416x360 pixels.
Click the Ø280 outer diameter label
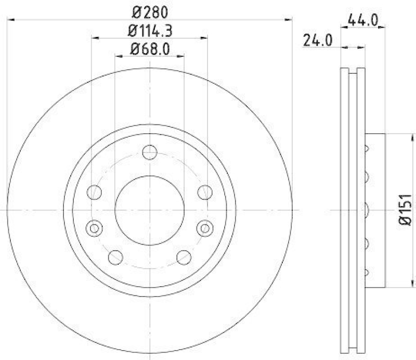click(149, 11)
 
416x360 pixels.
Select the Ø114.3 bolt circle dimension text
click(150, 31)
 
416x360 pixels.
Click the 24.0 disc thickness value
click(318, 41)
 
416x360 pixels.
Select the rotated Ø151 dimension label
click(406, 209)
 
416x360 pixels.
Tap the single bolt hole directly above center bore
click(150, 153)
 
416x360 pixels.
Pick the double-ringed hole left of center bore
click(94, 227)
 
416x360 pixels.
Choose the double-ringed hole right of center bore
click(205, 227)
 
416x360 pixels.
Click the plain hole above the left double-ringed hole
click(94, 192)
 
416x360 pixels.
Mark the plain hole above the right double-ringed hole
click(205, 192)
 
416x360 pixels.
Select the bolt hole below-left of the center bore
click(115, 257)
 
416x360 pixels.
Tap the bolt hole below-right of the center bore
click(184, 257)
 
